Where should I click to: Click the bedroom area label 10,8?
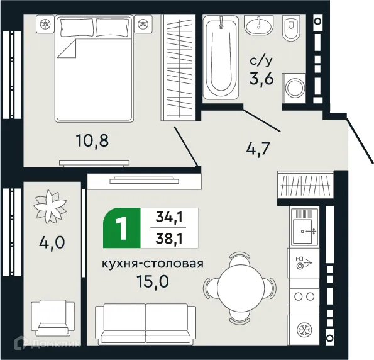tap(92, 140)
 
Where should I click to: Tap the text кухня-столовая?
tap(153, 264)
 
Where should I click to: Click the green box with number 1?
tap(123, 227)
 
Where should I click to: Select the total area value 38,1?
tap(172, 239)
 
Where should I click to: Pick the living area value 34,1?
tap(172, 218)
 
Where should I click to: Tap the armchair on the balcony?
tap(53, 318)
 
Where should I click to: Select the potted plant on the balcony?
tap(51, 205)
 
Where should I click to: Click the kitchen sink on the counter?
tap(306, 230)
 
